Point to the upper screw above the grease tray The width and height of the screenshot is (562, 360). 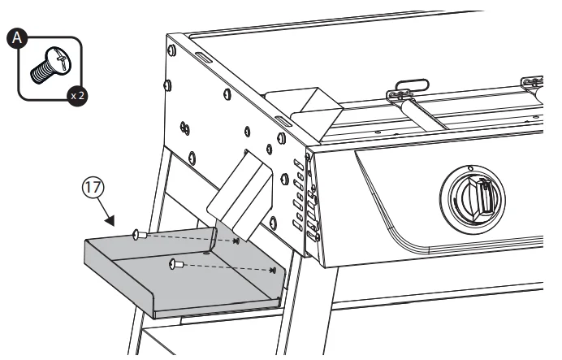tap(137, 234)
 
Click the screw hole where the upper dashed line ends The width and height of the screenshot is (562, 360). tap(236, 241)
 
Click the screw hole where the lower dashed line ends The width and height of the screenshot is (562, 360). tap(273, 271)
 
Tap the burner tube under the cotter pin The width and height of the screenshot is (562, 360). tap(430, 113)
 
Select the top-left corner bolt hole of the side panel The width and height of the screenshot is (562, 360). tap(172, 49)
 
